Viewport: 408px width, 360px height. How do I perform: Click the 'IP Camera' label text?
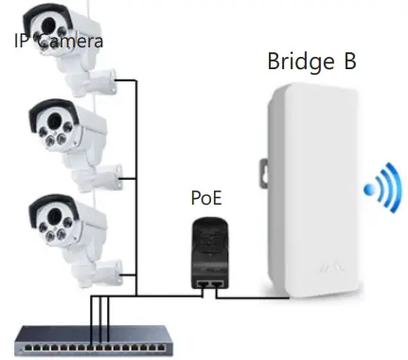pos(58,41)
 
